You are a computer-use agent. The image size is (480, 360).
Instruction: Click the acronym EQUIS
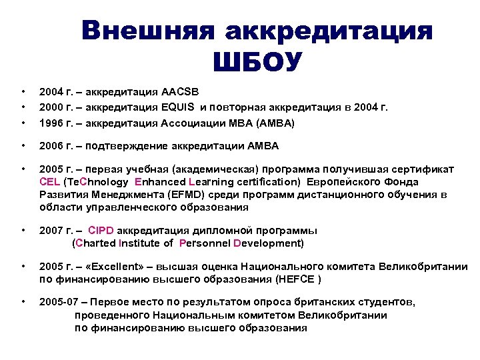point(180,107)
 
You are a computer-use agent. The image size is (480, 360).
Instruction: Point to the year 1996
point(52,123)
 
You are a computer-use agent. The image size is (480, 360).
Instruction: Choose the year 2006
point(52,146)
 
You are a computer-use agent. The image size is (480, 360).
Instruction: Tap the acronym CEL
point(49,181)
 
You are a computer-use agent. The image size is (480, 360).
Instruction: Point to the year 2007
point(52,231)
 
